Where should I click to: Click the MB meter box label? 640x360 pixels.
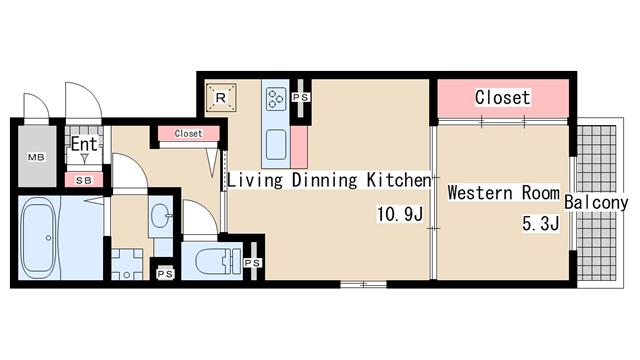(36, 157)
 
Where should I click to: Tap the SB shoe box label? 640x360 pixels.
(84, 180)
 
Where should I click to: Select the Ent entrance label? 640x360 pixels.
(84, 144)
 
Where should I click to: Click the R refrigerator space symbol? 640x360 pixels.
(221, 98)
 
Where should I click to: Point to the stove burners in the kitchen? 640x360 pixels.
(276, 99)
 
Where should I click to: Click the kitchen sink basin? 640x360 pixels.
(276, 144)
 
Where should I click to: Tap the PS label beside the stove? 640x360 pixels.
(301, 98)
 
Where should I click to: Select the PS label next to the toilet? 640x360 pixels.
(252, 263)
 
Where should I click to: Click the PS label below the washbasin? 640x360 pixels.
(165, 274)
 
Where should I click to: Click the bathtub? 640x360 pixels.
(39, 238)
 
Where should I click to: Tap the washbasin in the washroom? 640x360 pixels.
(160, 215)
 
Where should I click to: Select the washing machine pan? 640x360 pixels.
(127, 264)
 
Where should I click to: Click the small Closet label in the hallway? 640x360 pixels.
(188, 133)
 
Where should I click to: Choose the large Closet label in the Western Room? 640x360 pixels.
(502, 98)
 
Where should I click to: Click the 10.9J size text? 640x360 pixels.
(400, 214)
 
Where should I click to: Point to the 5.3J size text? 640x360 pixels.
(540, 223)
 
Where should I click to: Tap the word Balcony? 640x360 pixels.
(596, 202)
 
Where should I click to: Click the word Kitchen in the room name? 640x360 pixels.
(399, 180)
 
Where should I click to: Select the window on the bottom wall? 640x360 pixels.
(363, 284)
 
